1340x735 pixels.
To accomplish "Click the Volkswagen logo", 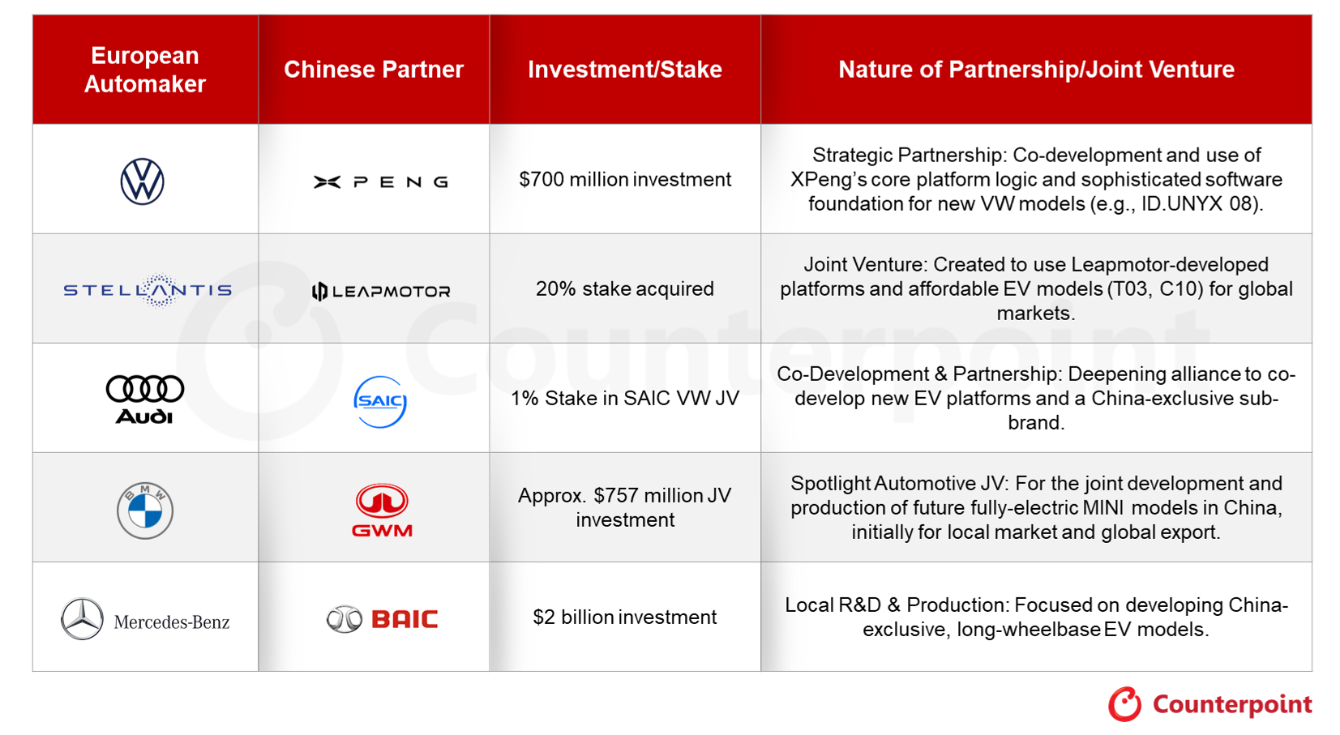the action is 143,182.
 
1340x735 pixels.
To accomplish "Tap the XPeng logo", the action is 381,182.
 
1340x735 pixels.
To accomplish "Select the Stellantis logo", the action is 148,291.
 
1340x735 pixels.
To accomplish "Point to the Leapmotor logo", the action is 381,291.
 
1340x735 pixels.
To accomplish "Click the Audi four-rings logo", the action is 145,400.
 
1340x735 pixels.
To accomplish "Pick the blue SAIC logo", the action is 380,402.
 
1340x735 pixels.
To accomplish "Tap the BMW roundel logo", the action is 145,511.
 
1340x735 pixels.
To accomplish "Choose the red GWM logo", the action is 383,511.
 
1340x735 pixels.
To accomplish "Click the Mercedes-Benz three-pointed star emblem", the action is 82,619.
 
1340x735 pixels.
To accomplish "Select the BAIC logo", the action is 383,619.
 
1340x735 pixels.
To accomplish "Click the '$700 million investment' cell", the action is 625,179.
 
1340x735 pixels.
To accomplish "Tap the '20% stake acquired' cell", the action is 625,288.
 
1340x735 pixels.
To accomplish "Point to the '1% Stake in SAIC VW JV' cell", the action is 625,399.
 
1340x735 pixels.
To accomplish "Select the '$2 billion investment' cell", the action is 625,617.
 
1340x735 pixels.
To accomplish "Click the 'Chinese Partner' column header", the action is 374,70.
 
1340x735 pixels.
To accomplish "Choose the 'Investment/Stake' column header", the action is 625,70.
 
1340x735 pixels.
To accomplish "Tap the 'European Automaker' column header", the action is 145,70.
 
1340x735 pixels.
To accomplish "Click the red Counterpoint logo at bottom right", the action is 1210,704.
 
